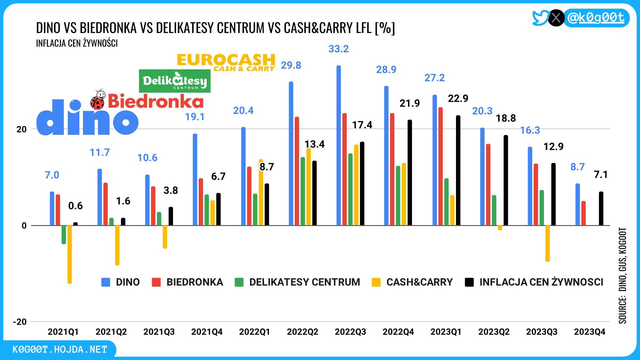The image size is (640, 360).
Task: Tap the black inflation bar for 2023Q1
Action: point(458,170)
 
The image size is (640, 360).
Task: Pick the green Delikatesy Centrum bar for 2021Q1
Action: point(64,234)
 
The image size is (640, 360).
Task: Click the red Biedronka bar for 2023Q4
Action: point(583,213)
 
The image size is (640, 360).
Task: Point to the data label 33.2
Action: point(339,49)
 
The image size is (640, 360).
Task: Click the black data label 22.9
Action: point(458,99)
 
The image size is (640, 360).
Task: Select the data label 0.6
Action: point(75,206)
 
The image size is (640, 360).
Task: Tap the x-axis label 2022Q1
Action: point(255,332)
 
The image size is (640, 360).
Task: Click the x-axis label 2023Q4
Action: point(589,332)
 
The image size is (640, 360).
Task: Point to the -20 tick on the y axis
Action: point(20,322)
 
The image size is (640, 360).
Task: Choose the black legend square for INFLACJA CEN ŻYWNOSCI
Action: point(469,282)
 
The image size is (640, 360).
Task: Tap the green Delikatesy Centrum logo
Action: point(175,81)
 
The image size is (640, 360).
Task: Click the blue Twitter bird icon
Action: point(540,18)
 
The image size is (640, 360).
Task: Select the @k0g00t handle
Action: point(596,18)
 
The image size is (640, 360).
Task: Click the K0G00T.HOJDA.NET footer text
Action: point(60,349)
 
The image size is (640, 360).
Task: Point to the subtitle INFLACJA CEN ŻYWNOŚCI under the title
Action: point(77,43)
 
